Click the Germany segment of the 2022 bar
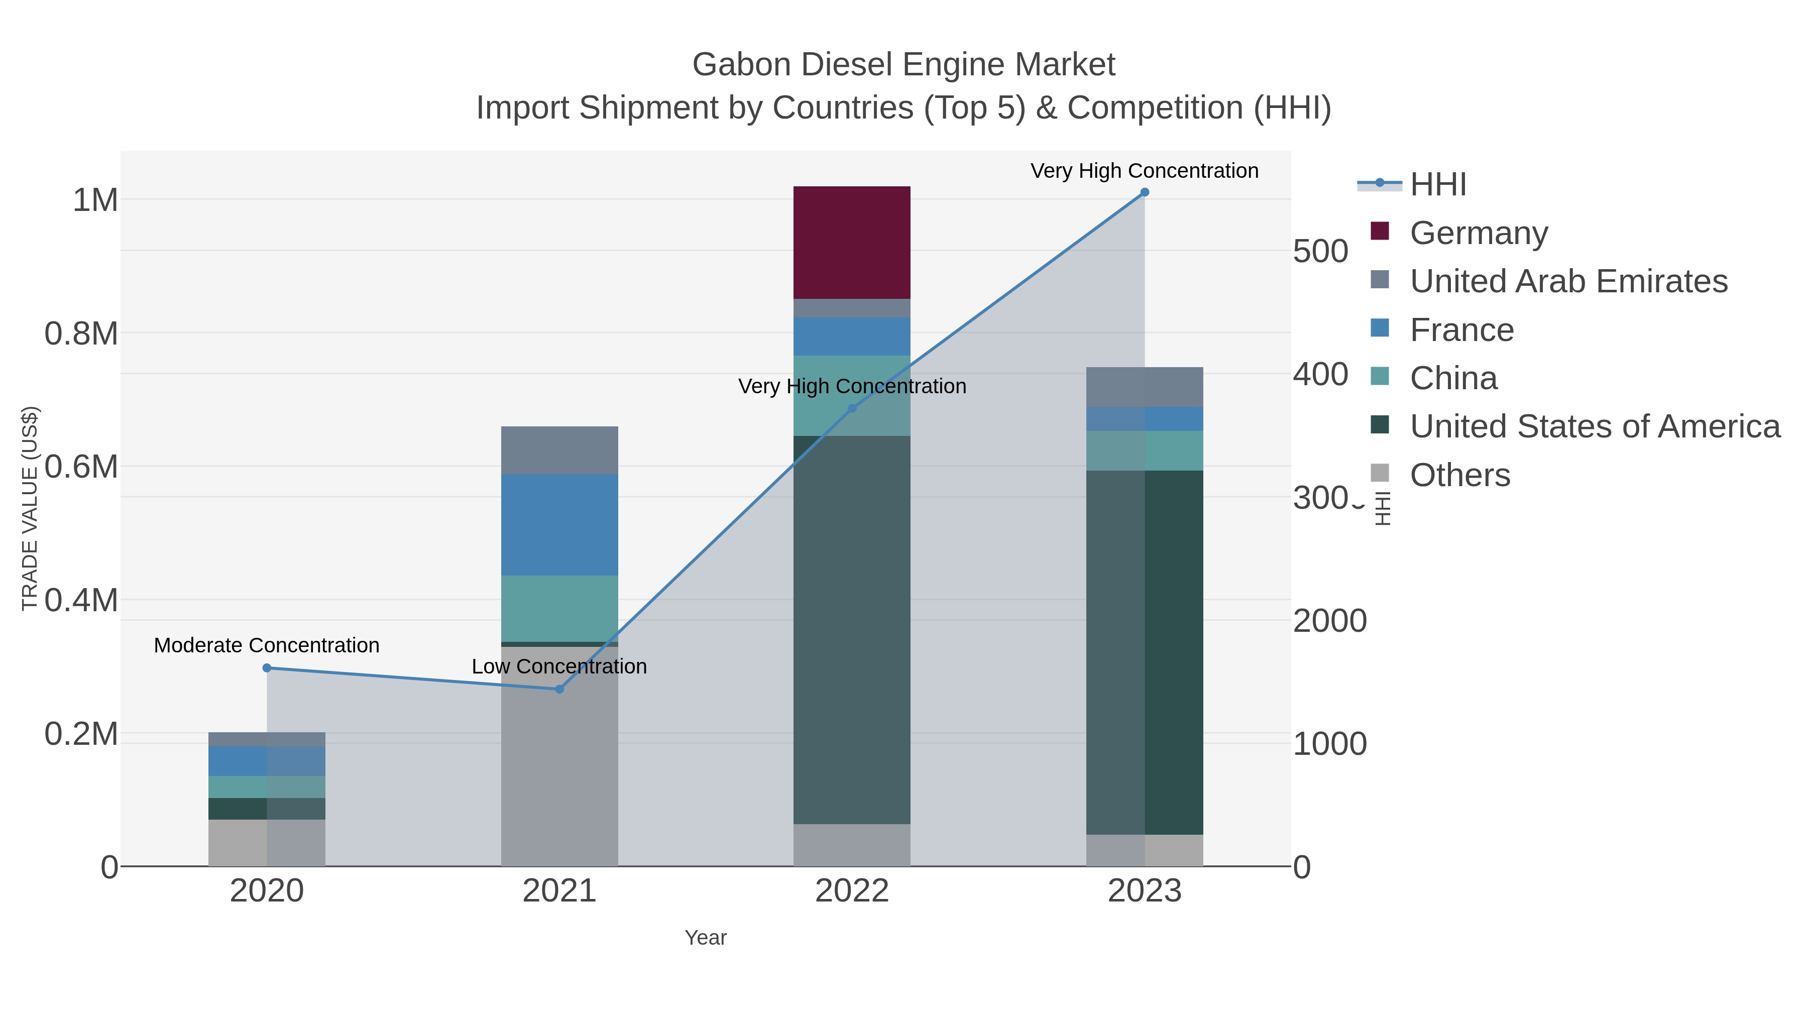(851, 242)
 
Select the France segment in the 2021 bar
(559, 524)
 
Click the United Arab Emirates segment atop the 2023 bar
(1144, 387)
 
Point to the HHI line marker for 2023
(1145, 192)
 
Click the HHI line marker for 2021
(559, 689)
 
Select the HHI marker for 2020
(267, 668)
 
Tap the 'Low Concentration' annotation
(559, 666)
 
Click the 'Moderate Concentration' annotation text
(267, 645)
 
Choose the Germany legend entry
(1478, 233)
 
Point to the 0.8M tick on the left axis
(81, 333)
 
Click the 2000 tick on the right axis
(1329, 620)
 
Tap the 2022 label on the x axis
(851, 890)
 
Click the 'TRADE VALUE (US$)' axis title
(30, 508)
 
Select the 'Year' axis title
(706, 937)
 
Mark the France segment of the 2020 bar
(267, 761)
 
